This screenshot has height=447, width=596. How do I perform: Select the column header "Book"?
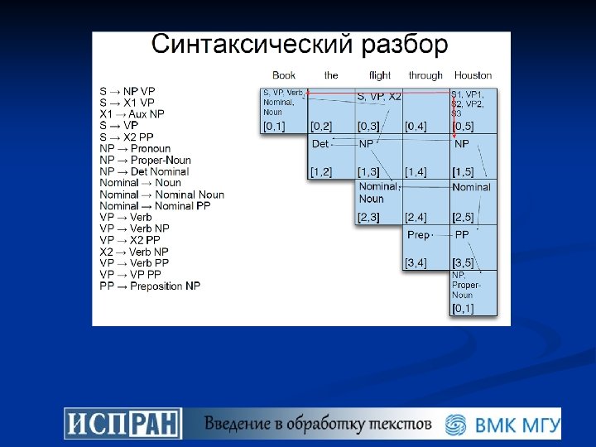click(x=284, y=75)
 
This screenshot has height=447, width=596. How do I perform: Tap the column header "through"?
click(x=425, y=75)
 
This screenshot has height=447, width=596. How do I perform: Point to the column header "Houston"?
click(x=473, y=75)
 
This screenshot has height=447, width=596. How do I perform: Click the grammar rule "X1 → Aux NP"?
click(x=132, y=113)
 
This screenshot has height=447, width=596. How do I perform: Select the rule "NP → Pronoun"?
click(x=135, y=148)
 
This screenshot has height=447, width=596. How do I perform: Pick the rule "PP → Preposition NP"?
click(x=150, y=286)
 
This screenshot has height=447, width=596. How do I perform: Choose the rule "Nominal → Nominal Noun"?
click(x=161, y=195)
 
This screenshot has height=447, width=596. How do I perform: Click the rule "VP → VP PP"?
click(x=130, y=274)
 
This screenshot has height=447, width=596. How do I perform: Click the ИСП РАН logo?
click(x=123, y=423)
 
